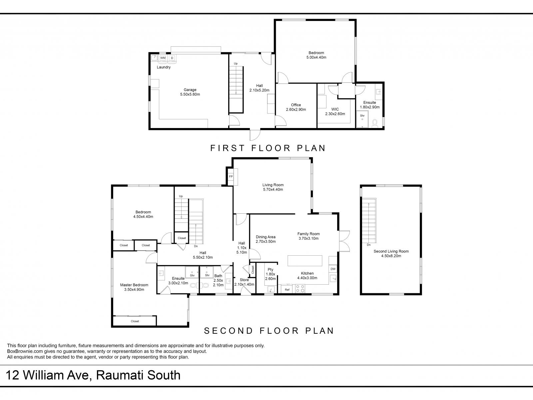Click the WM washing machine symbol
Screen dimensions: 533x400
[163, 58]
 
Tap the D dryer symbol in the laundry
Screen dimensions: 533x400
[172, 58]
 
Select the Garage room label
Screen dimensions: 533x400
[190, 90]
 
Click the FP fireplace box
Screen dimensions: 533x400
[231, 177]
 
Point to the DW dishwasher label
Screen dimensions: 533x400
[333, 269]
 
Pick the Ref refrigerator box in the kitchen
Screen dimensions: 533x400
[287, 289]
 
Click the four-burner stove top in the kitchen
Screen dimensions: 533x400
[300, 289]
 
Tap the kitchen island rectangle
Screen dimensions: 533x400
[305, 261]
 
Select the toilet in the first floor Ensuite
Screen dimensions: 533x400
[375, 123]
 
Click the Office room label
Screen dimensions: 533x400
[296, 105]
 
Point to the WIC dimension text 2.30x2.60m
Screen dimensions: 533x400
[335, 114]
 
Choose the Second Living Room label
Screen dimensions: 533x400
[391, 251]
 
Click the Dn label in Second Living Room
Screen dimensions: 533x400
[369, 245]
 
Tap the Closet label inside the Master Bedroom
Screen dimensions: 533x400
[135, 321]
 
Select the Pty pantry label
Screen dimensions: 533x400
[270, 270]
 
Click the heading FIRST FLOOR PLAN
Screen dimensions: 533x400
[267, 148]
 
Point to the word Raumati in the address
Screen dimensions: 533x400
[118, 375]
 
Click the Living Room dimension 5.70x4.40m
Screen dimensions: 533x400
[273, 189]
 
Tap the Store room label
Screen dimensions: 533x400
[244, 280]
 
